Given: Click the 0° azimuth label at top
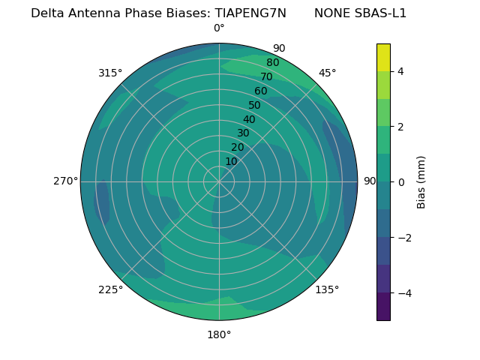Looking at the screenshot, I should coord(219,28).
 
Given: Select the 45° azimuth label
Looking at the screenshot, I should coord(327,73).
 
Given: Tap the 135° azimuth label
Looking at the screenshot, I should coord(327,289).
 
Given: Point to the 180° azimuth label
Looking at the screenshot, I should coord(219,334).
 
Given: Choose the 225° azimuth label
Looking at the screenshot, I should coord(110,289).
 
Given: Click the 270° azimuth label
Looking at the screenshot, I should coord(65,181).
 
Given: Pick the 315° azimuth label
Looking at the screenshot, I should coord(110,73).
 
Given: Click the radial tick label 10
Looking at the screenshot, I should coord(231,161).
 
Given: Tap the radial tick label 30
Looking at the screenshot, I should coord(243,133).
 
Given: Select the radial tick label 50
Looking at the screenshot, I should coord(254,105).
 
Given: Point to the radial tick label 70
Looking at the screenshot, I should coord(266,76).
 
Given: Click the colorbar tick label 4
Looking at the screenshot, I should coord(401,71).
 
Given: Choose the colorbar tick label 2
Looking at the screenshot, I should coord(401,127).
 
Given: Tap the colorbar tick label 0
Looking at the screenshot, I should coord(401,181).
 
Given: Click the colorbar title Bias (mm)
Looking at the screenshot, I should coord(421,181).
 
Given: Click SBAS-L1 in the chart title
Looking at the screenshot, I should coord(381,13).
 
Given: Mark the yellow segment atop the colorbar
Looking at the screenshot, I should coord(383,57).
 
